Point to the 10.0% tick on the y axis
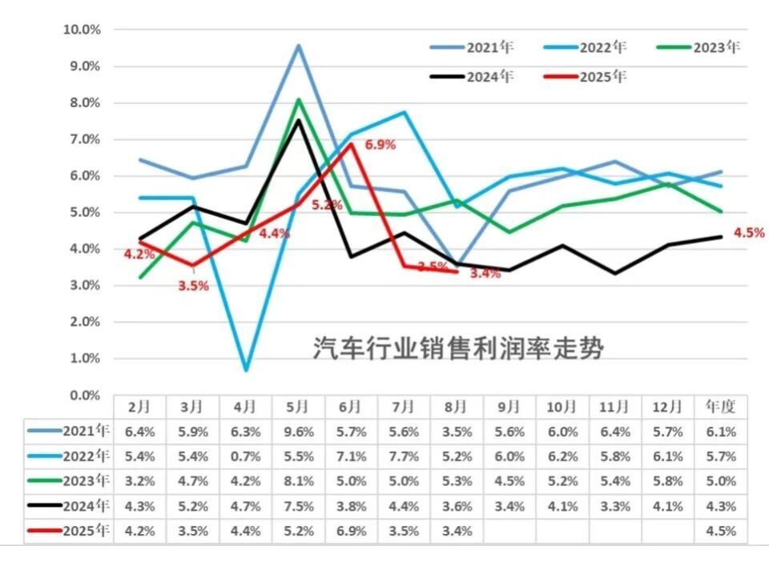pos(81,30)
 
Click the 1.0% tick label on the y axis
pos(83,359)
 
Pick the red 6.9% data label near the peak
pos(380,145)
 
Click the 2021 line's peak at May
pos(298,46)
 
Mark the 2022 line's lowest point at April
pos(246,370)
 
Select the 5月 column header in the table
pos(298,407)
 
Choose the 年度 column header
pos(721,407)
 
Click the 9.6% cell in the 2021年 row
pos(298,432)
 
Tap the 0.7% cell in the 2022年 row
pos(245,456)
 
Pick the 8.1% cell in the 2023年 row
pos(298,481)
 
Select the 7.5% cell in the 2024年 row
pos(298,506)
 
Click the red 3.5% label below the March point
pos(193,285)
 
